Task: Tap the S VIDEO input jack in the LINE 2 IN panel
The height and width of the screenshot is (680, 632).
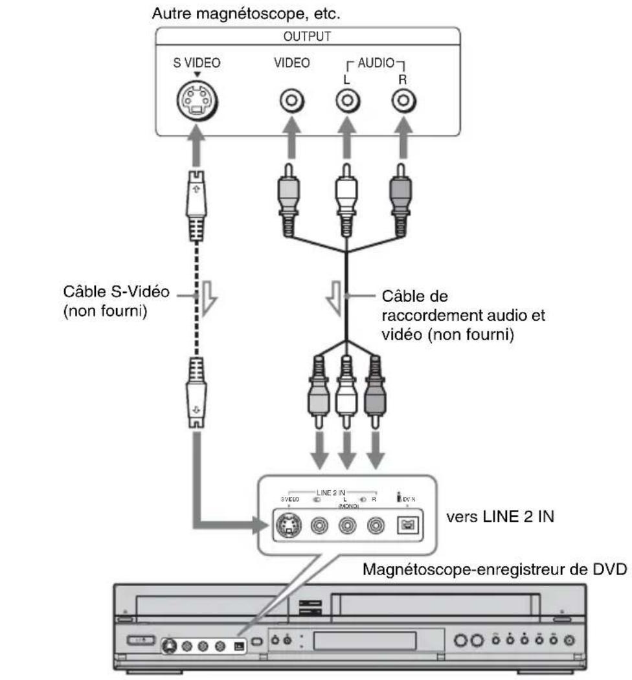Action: (x=287, y=525)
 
